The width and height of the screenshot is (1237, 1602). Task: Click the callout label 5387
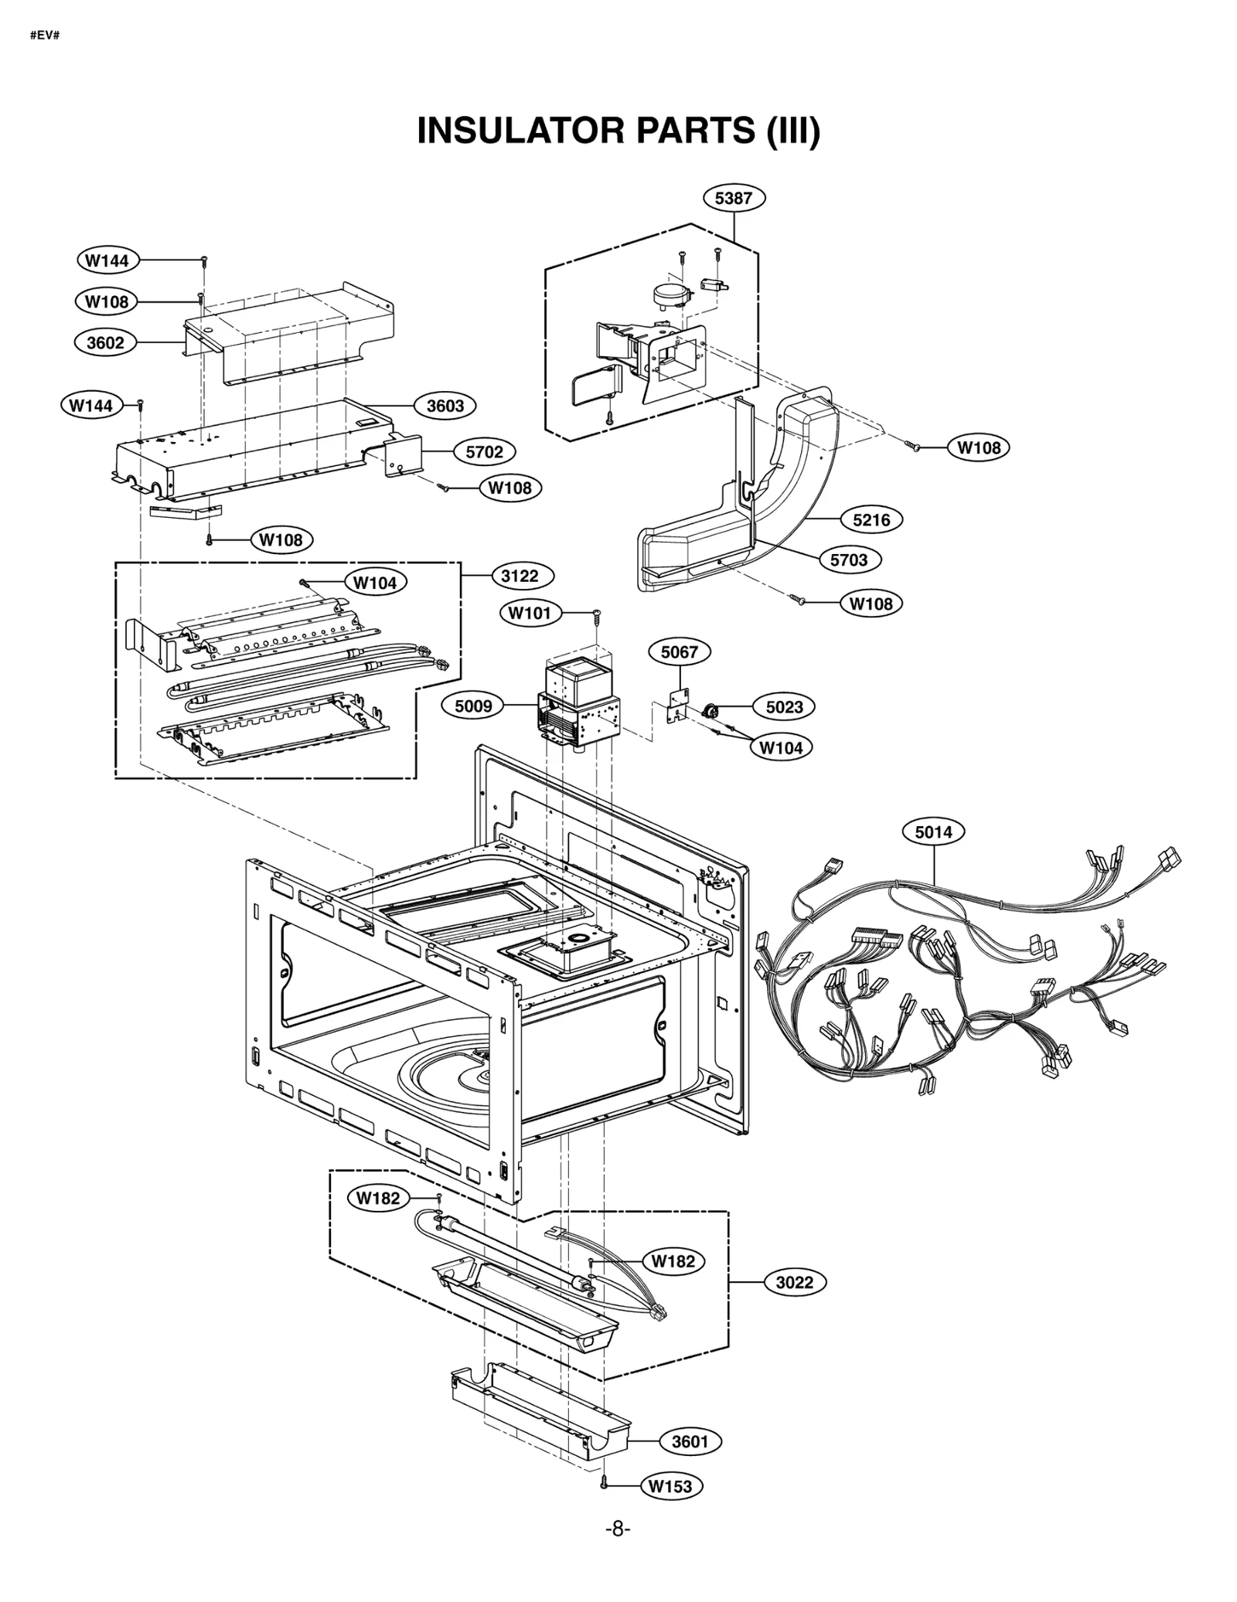(733, 199)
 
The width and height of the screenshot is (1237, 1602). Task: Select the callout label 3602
(105, 342)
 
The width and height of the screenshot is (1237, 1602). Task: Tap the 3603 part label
(445, 406)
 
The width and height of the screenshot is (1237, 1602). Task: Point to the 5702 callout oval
(484, 452)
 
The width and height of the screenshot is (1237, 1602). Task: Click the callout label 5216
(871, 520)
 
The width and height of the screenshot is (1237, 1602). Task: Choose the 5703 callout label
(849, 560)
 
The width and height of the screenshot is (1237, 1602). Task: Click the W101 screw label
(530, 614)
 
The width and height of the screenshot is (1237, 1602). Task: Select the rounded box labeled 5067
(679, 652)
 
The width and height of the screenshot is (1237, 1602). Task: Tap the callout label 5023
(784, 707)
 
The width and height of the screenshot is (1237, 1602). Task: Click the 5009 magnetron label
(473, 706)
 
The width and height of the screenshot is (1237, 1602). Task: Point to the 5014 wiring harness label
(933, 832)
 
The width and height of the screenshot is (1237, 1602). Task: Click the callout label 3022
(795, 1283)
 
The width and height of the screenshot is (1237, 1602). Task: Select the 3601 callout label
(690, 1442)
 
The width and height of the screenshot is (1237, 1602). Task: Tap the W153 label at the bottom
(671, 1486)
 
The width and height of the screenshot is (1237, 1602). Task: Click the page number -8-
(617, 1529)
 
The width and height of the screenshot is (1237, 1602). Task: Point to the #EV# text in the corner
(45, 36)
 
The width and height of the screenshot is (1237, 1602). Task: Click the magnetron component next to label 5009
(580, 703)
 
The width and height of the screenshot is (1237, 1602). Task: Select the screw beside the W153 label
(605, 1483)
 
